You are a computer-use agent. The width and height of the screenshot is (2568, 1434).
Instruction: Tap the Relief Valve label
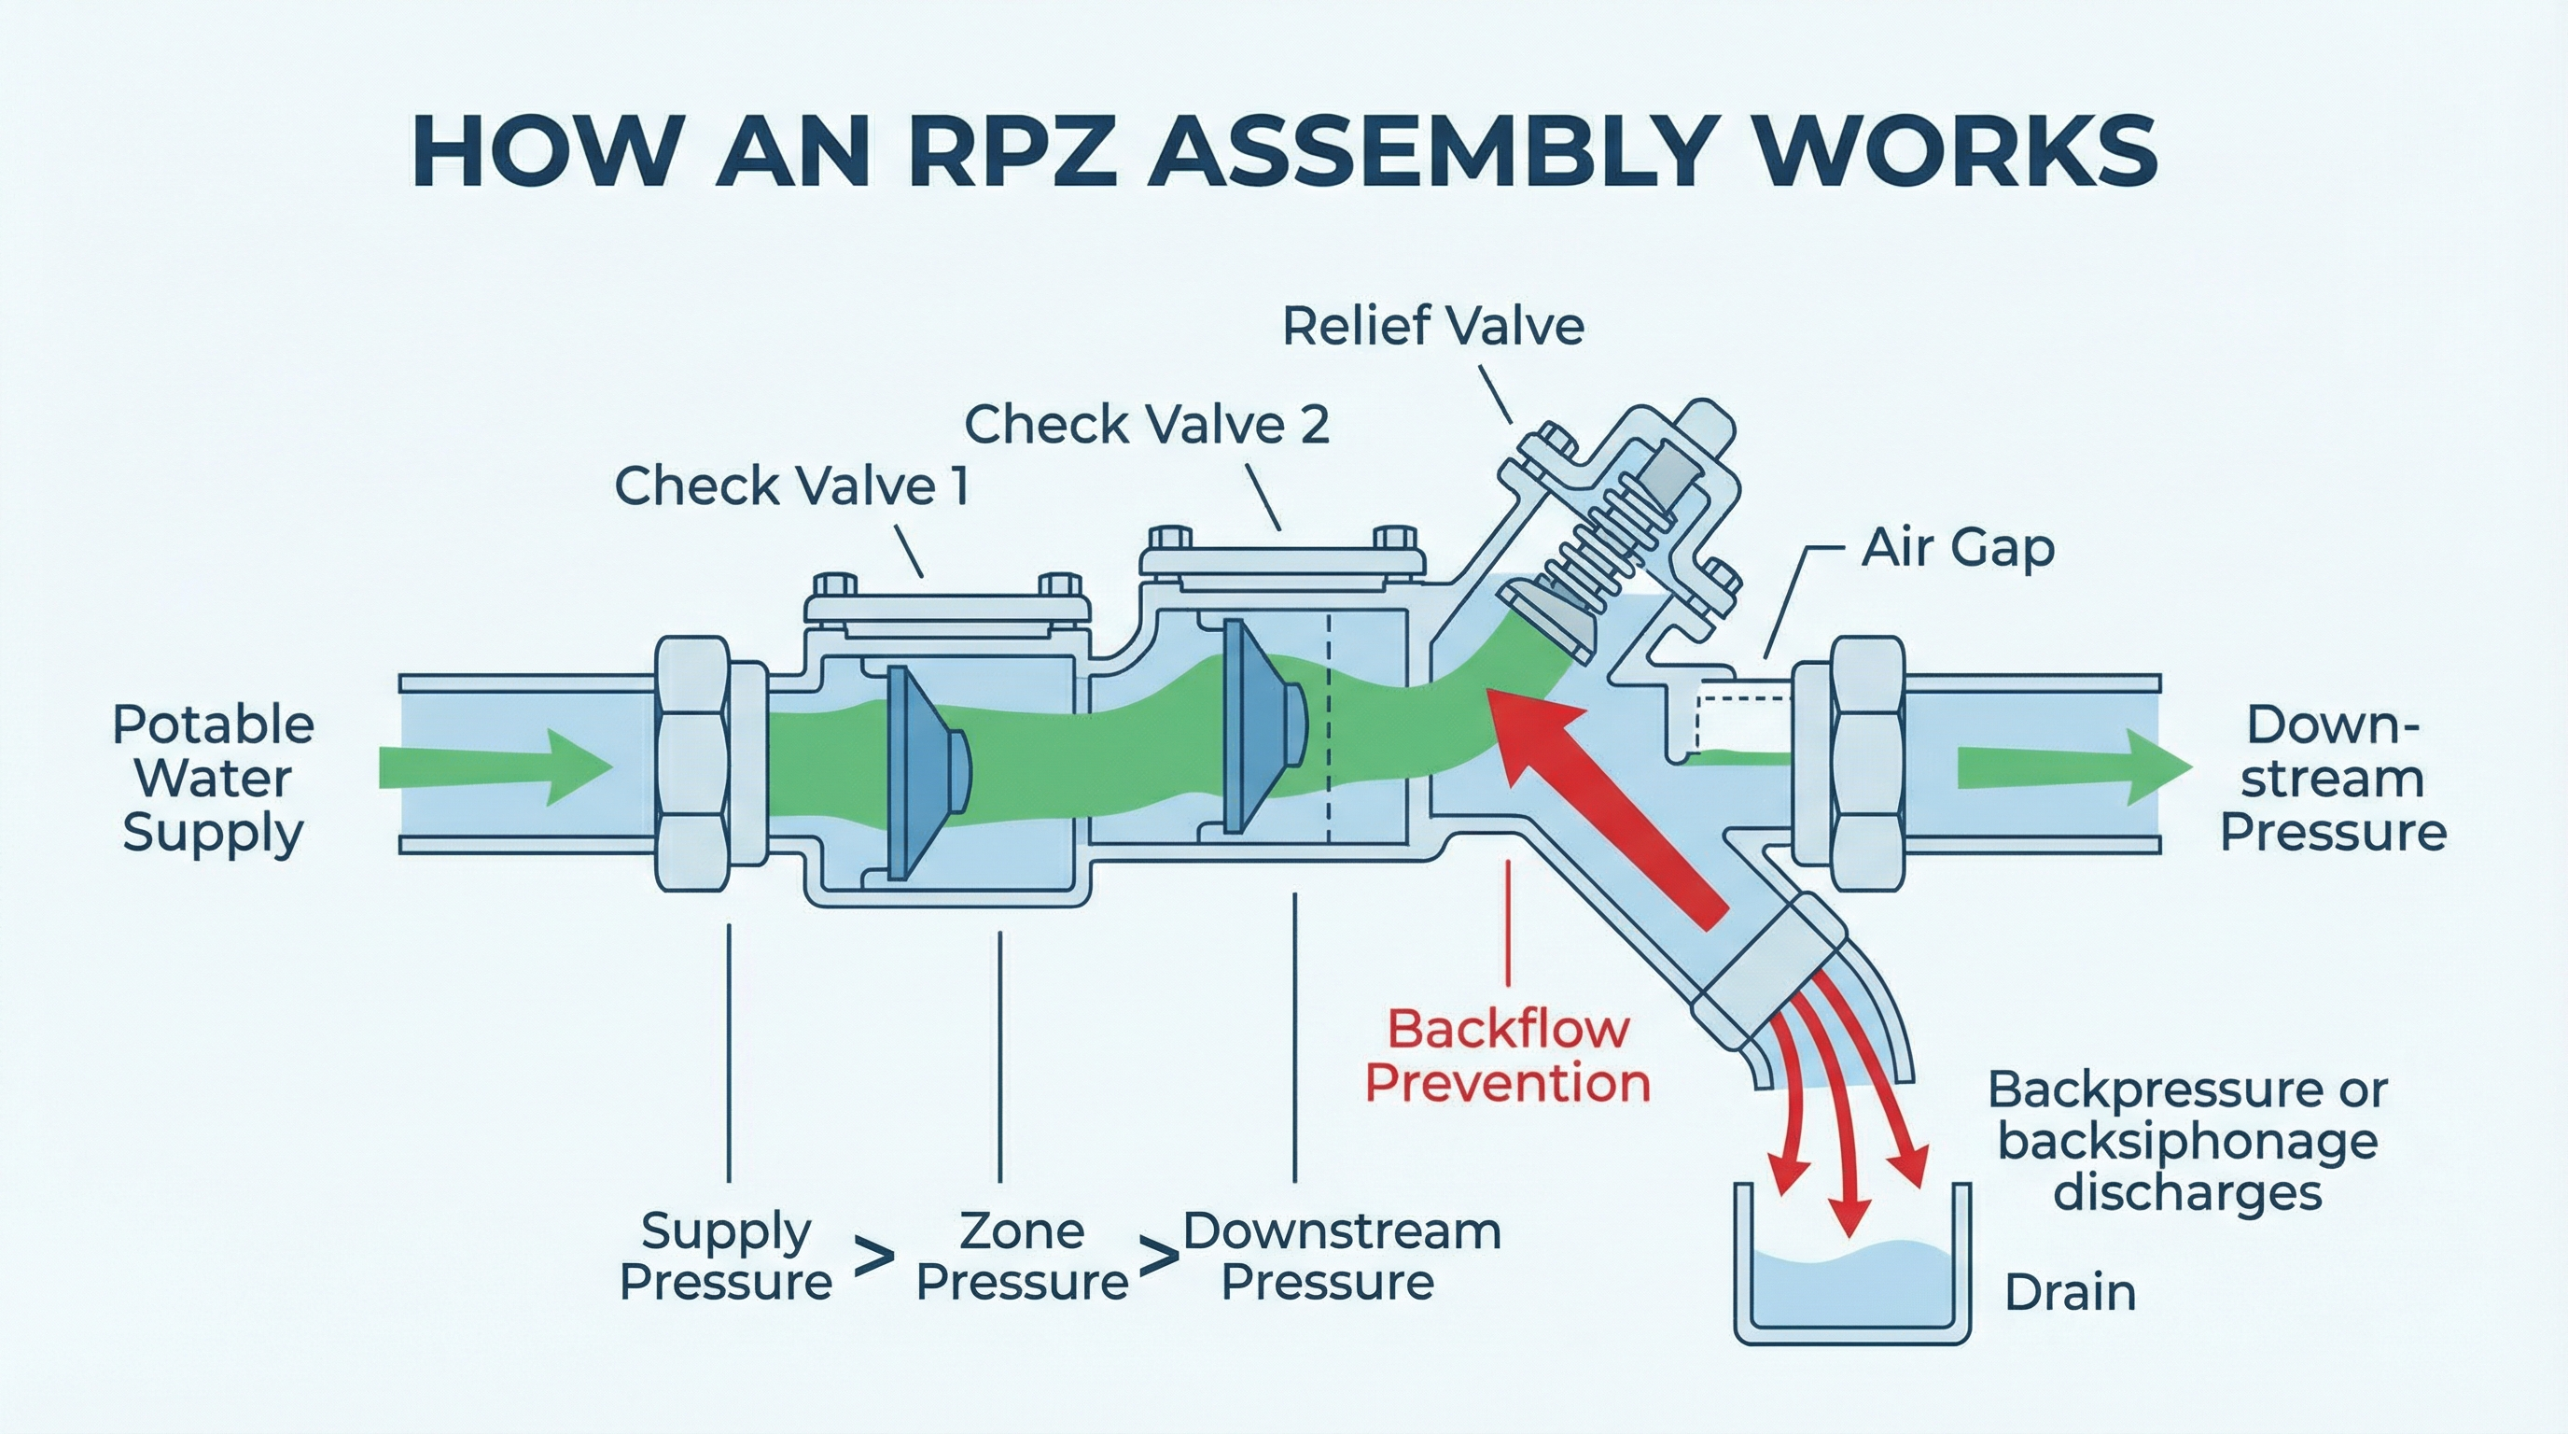pyautogui.click(x=1432, y=327)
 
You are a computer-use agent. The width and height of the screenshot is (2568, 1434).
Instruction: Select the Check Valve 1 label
pyautogui.click(x=791, y=486)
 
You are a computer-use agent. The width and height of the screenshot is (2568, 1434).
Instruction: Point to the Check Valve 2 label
pyautogui.click(x=1147, y=425)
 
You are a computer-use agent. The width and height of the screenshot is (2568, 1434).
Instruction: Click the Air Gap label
pyautogui.click(x=1958, y=547)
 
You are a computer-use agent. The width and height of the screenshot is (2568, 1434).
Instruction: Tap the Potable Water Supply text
pyautogui.click(x=213, y=778)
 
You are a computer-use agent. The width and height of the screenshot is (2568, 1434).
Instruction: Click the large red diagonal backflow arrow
pyautogui.click(x=1605, y=798)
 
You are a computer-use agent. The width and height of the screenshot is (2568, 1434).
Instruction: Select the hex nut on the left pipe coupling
pyautogui.click(x=691, y=764)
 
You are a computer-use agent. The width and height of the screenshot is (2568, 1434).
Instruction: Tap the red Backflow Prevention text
pyautogui.click(x=1507, y=1056)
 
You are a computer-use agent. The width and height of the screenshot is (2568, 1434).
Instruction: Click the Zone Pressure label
pyautogui.click(x=1022, y=1257)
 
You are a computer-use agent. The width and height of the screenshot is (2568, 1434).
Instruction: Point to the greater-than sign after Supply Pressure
pyautogui.click(x=874, y=1258)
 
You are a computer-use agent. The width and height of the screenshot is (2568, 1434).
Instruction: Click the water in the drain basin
pyautogui.click(x=1853, y=1286)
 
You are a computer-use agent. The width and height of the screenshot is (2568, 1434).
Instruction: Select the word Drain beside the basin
pyautogui.click(x=2070, y=1293)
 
